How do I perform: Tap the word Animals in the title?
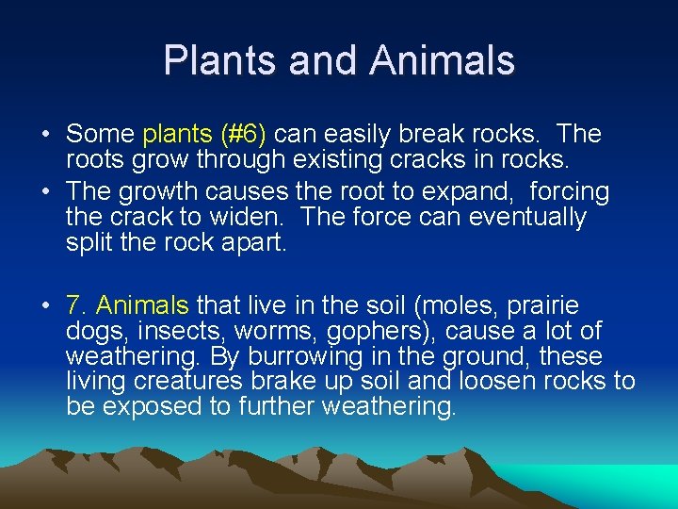443,60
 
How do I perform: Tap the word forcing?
570,192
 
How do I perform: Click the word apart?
258,242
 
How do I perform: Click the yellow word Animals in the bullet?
143,306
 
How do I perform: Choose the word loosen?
493,382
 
